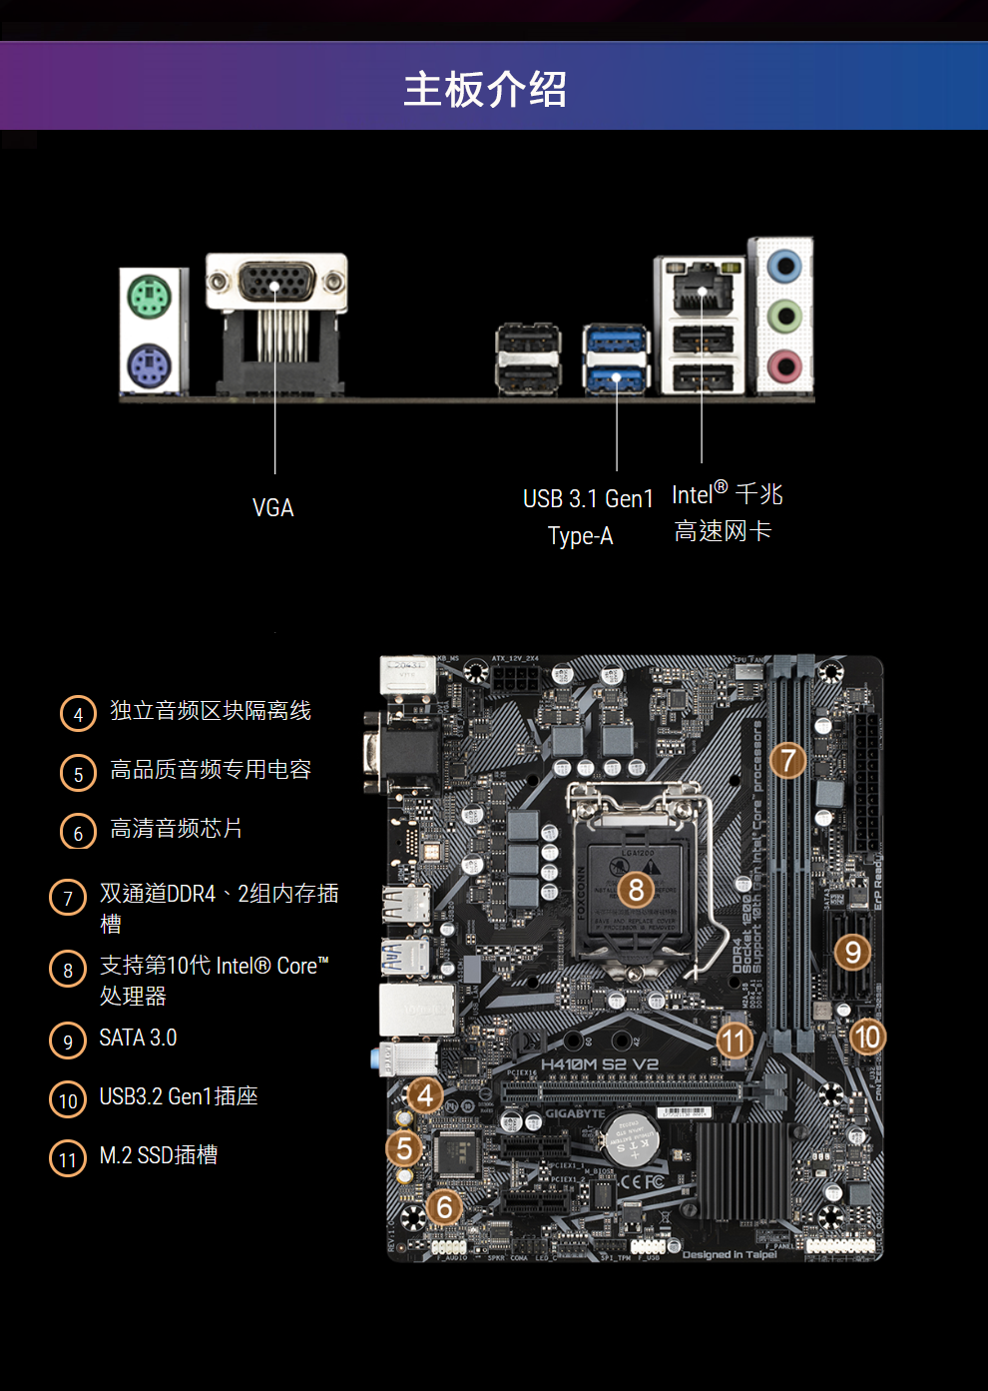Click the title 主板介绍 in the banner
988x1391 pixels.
485,89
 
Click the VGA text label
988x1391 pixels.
272,508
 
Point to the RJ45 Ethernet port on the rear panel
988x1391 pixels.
703,290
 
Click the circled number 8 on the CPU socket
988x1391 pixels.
636,889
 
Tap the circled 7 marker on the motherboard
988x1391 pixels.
787,760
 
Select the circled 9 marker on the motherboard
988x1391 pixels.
852,952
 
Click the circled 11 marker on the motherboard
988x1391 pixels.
735,1041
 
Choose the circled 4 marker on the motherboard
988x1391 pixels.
425,1095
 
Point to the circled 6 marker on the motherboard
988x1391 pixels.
445,1207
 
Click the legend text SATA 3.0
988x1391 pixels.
138,1039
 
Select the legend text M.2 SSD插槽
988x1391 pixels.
159,1155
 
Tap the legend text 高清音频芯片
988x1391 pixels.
176,829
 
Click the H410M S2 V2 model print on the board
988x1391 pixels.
599,1064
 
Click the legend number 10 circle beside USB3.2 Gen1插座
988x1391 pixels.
68,1099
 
